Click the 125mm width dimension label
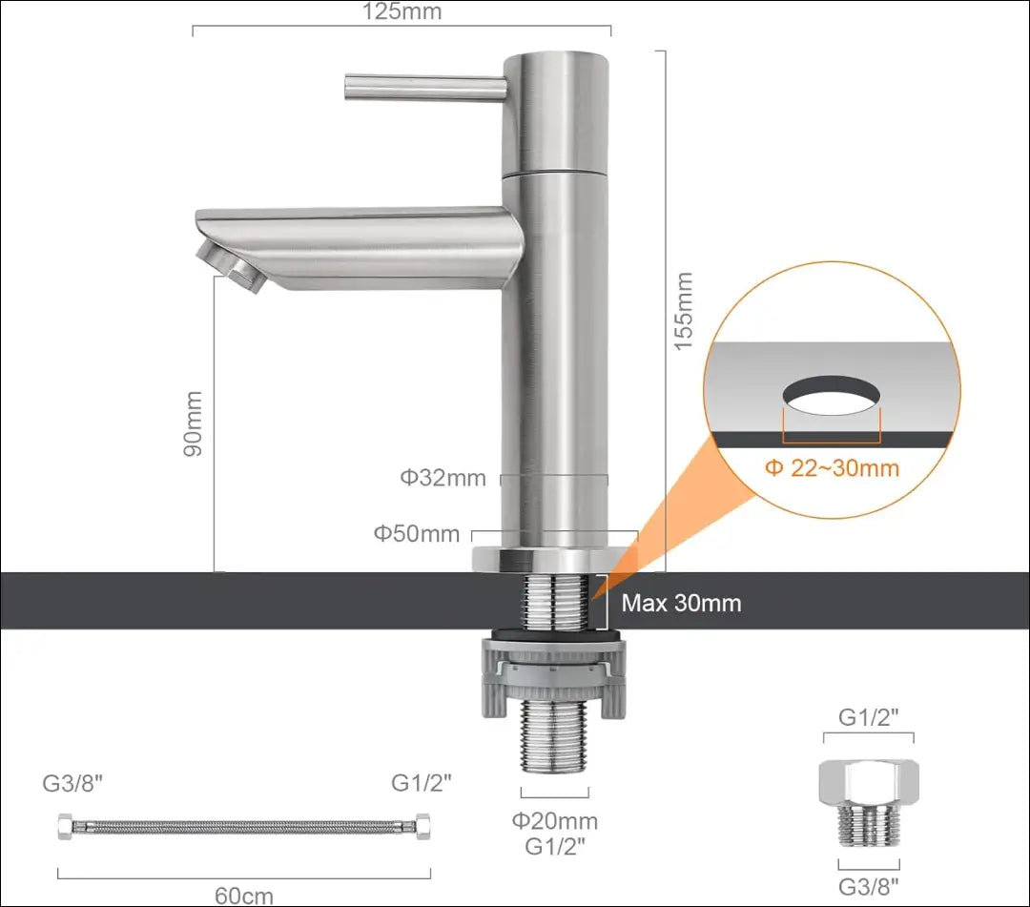(x=402, y=11)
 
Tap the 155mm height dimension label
(x=684, y=311)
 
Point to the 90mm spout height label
(x=193, y=423)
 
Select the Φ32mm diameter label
(x=443, y=478)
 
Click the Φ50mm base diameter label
(x=417, y=533)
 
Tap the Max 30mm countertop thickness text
(x=681, y=603)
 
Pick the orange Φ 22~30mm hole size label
(x=833, y=467)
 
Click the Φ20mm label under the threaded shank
(x=555, y=820)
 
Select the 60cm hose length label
(x=244, y=896)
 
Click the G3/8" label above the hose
(x=72, y=783)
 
